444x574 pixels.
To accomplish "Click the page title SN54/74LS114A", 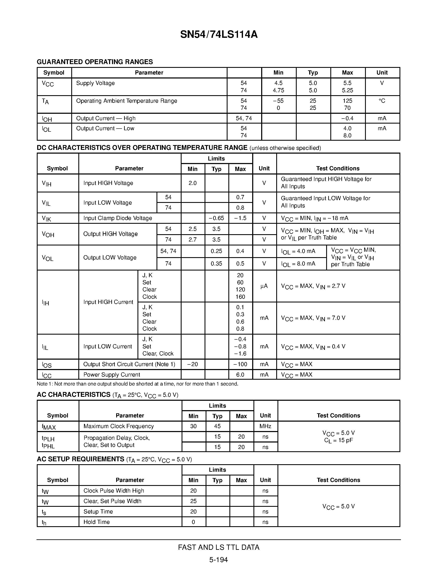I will pos(219,34).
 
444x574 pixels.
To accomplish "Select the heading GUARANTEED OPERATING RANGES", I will pos(95,62).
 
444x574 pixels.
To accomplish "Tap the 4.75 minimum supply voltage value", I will pos(278,90).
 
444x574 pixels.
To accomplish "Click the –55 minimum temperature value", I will pos(278,101).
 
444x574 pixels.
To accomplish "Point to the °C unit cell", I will pos(382,101).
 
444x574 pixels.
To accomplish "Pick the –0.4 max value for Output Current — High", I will pos(347,119).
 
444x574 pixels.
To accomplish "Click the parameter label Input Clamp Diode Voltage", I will pos(118,218).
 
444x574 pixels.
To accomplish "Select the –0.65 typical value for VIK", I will pos(216,218).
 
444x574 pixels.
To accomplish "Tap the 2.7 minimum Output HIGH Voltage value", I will pos(193,240).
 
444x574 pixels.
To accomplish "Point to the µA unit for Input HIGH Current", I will pos(264,286).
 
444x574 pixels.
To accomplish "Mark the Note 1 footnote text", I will pos(137,384).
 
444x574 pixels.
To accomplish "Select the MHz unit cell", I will pos(265,426).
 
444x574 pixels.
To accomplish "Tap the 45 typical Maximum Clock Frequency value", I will pos(217,426).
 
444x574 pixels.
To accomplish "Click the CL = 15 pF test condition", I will pos(338,440).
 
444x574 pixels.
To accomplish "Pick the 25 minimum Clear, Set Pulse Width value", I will pos(193,501).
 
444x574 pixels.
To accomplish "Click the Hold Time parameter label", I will pos(97,522).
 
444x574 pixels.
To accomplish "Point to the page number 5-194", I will pos(219,560).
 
